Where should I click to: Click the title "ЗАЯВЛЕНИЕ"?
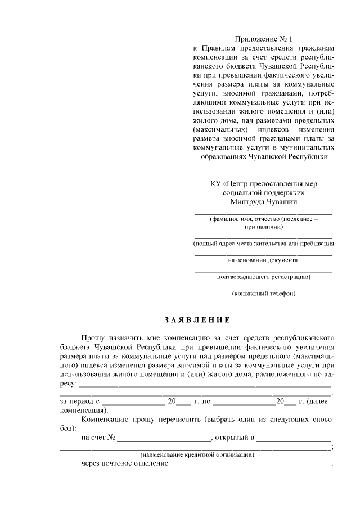[x=197, y=321]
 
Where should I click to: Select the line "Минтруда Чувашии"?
[x=263, y=201]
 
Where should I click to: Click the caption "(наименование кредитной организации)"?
[x=197, y=454]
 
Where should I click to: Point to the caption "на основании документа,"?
[x=263, y=260]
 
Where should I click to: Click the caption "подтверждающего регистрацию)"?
[x=263, y=277]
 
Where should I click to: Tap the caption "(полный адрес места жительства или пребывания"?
[x=263, y=244]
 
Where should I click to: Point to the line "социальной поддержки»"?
[x=263, y=192]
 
